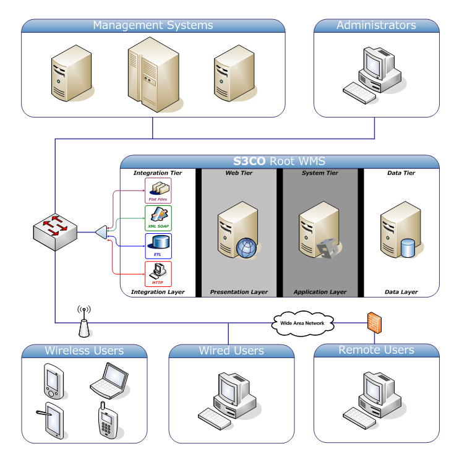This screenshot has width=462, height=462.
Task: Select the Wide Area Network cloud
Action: (x=303, y=323)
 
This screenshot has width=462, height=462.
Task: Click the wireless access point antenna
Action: (x=83, y=317)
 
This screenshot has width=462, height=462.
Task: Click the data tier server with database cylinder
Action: (x=398, y=233)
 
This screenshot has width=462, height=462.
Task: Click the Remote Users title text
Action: (x=376, y=350)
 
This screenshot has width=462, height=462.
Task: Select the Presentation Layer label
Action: (x=239, y=291)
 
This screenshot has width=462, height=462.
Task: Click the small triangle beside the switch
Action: (x=100, y=232)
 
